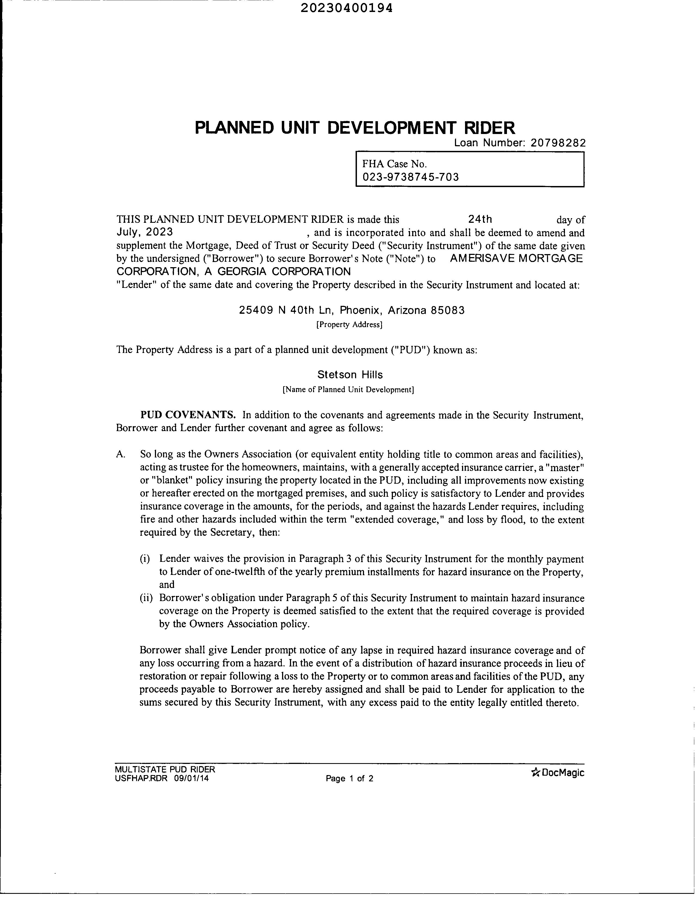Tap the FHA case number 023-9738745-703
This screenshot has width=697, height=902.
pos(410,177)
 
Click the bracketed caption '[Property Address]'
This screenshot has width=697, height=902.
pos(349,325)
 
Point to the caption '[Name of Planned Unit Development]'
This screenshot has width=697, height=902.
pos(348,389)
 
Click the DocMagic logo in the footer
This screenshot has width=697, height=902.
pos(558,772)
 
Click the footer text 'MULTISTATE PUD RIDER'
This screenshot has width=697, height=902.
pos(165,769)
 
